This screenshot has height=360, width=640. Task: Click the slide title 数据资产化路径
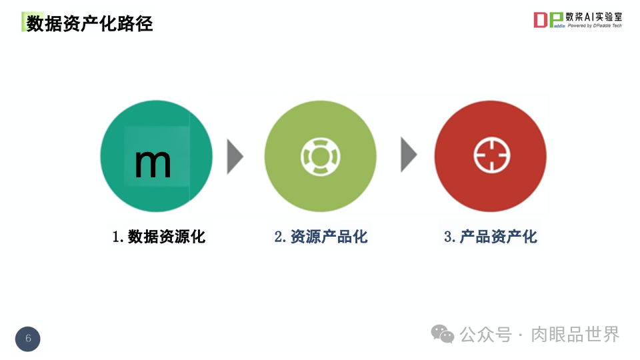[x=89, y=24]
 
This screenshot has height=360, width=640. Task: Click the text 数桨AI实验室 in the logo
[x=594, y=17]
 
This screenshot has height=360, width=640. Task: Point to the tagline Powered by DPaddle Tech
[x=594, y=26]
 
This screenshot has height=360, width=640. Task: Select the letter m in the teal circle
[x=153, y=162]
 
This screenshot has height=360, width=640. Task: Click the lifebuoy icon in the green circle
[x=320, y=157]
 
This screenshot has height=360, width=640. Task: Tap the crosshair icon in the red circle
[x=491, y=157]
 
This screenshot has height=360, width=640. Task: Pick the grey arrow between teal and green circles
[x=235, y=157]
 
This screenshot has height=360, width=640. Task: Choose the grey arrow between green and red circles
[x=408, y=156]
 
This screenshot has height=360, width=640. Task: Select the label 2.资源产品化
[x=321, y=236]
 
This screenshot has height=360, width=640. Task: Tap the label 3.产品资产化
[x=491, y=236]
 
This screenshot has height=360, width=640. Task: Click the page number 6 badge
[x=28, y=339]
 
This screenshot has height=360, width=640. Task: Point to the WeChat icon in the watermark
[x=442, y=333]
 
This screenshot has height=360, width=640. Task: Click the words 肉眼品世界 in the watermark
[x=575, y=334]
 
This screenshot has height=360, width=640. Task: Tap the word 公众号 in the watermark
[x=486, y=334]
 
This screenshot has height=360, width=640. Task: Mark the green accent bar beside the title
[x=23, y=22]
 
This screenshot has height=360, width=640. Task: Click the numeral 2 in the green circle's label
[x=279, y=237]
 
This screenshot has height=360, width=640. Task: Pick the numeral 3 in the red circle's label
[x=448, y=237]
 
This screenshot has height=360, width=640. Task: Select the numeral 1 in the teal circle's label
[x=116, y=237]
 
